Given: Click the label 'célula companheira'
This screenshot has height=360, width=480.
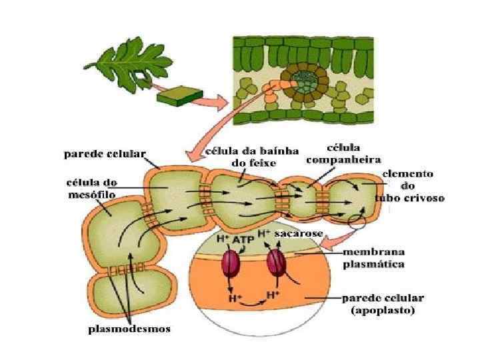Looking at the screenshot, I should [343, 154].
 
